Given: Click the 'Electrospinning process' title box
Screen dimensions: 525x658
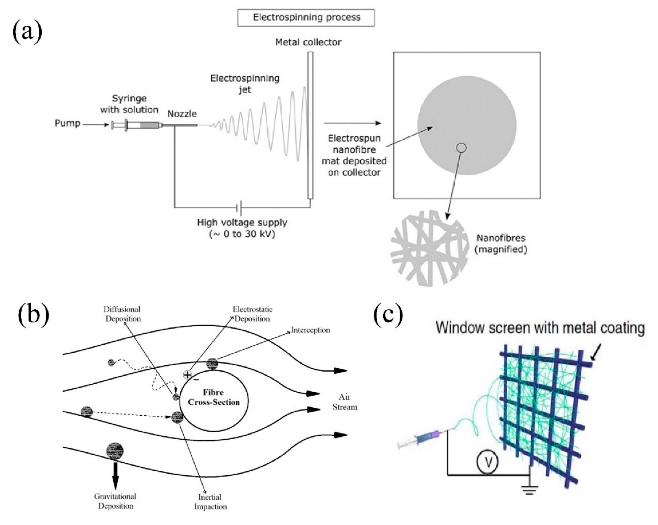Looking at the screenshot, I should coord(306,18).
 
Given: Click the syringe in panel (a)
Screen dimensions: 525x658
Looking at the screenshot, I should coord(137,125).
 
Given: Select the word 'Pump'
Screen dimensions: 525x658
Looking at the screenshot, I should coord(67,123).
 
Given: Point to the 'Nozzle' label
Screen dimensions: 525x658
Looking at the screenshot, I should coord(182,114).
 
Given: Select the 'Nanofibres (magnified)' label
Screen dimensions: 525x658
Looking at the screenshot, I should coord(501,244).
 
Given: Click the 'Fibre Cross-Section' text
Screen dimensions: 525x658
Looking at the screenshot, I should coord(214,397).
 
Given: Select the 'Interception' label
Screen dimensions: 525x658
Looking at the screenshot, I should coord(310,330).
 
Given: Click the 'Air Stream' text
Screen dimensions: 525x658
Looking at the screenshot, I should coord(345,402).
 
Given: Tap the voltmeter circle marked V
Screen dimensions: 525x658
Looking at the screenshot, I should coord(487,463).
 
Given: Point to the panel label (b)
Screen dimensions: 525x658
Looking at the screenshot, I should coord(34,315).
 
